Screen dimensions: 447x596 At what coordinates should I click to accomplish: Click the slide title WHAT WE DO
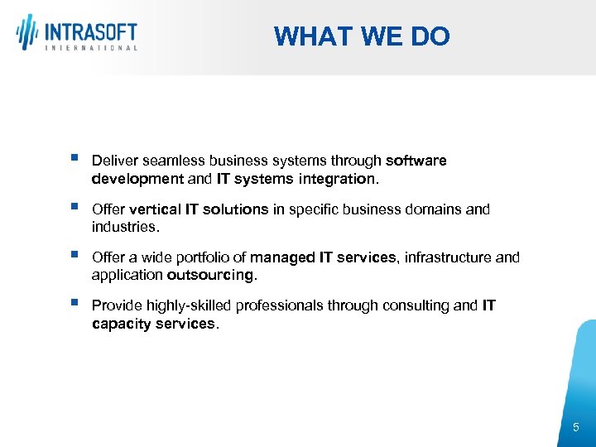click(x=362, y=36)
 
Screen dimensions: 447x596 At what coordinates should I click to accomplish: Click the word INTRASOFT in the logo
click(x=90, y=33)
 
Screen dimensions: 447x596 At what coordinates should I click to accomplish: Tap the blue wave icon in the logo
click(x=27, y=33)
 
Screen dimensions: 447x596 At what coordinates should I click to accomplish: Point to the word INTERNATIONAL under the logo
click(x=90, y=49)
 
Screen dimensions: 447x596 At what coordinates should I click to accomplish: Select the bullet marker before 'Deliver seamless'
click(x=75, y=157)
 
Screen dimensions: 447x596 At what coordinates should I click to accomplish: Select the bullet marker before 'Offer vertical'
click(x=75, y=206)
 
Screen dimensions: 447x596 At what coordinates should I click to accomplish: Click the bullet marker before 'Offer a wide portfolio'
click(x=75, y=254)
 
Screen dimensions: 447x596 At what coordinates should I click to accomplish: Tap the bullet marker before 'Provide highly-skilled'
click(x=75, y=303)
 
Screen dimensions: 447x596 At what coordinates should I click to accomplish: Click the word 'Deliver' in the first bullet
click(x=115, y=161)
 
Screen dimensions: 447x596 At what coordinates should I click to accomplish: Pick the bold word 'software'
click(x=416, y=161)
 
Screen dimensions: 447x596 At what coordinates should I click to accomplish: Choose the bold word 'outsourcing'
click(x=210, y=275)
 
